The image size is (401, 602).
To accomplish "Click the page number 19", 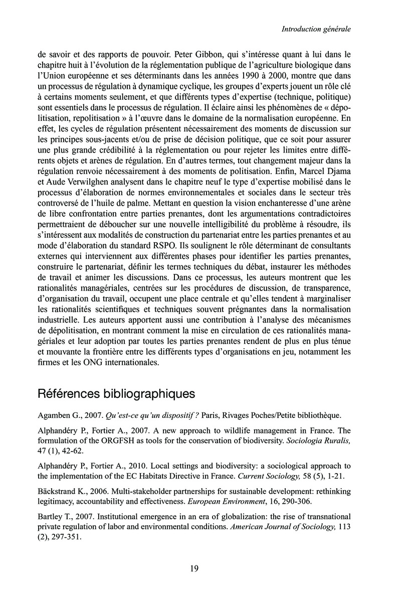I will coord(194,568).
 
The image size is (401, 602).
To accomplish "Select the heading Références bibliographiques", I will coord(116,394).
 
